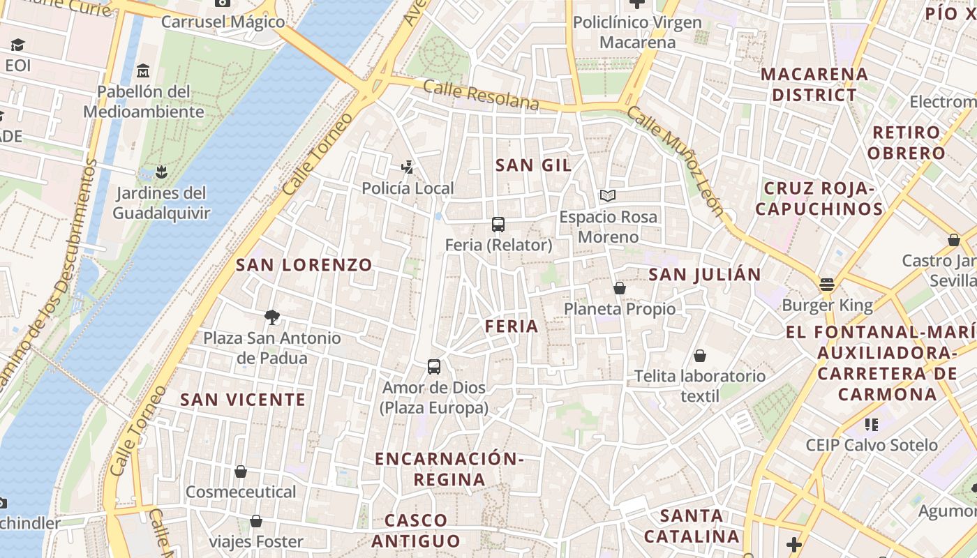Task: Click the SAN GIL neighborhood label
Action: tap(533, 165)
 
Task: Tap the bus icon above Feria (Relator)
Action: tap(498, 225)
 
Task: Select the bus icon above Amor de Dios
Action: tap(434, 367)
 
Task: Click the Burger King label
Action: tap(827, 306)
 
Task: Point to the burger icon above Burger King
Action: tap(827, 285)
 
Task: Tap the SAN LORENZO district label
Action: tap(304, 265)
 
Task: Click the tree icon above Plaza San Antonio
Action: tap(272, 318)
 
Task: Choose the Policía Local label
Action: tap(408, 188)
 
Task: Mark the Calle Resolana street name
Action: tap(481, 96)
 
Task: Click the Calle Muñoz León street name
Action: tap(675, 161)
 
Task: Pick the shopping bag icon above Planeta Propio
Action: tap(619, 288)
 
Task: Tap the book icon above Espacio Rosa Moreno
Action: tap(608, 196)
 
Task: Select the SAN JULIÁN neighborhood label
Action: tap(705, 275)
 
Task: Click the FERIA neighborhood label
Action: tap(512, 326)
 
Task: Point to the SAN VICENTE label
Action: tap(243, 400)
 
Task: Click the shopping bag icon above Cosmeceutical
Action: tap(241, 472)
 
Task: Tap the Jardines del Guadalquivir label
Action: tap(161, 203)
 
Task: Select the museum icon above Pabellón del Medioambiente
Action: tap(144, 71)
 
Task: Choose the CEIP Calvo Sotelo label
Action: tap(872, 445)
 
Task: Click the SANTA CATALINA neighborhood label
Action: tap(691, 526)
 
